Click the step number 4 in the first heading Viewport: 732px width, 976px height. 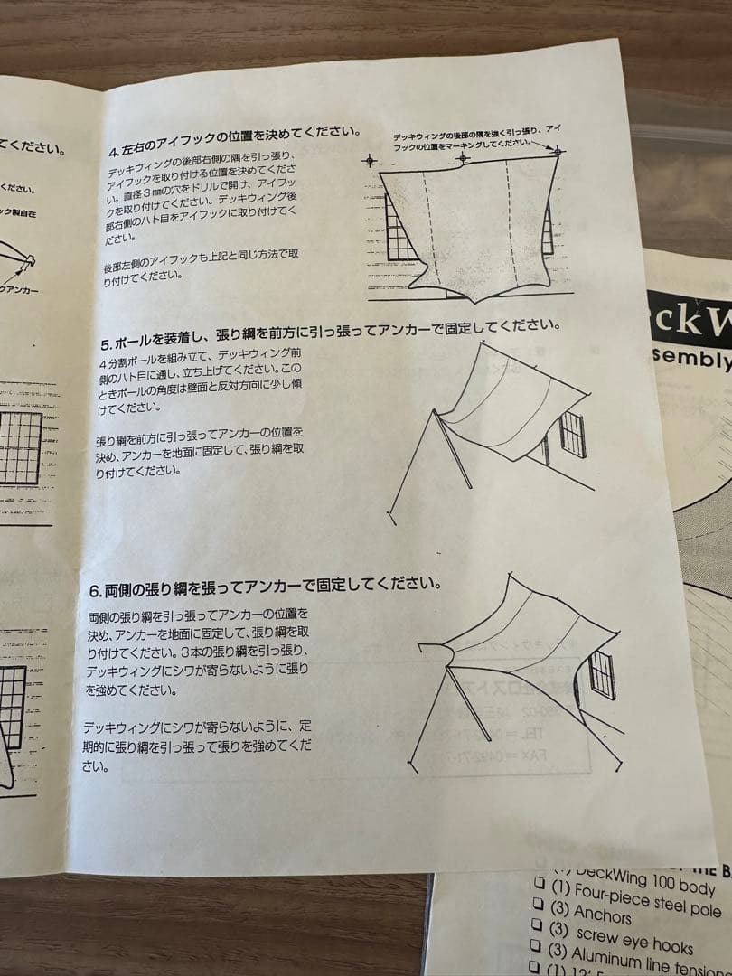click(x=113, y=151)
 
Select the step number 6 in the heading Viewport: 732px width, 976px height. click(x=94, y=590)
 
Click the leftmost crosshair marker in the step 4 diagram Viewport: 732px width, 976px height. click(x=370, y=161)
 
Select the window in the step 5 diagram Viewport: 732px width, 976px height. click(x=572, y=435)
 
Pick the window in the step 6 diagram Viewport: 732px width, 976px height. click(x=601, y=675)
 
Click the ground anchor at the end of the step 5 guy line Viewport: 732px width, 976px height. click(x=391, y=517)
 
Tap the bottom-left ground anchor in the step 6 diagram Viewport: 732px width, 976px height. click(x=411, y=768)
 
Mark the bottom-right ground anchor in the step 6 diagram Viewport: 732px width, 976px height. click(x=620, y=769)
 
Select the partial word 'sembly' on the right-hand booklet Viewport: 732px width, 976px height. click(x=691, y=360)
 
